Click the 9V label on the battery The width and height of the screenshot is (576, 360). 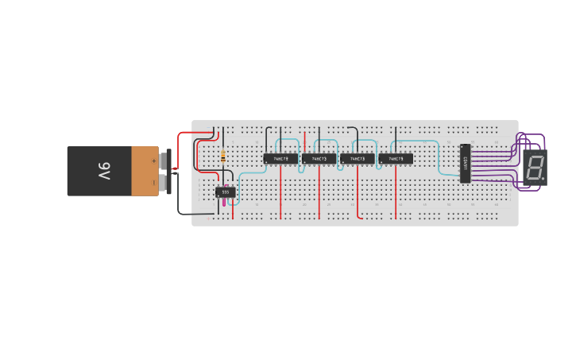[x=104, y=171]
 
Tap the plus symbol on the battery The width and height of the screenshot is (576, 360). [x=154, y=161]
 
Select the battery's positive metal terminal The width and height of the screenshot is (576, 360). [x=164, y=161]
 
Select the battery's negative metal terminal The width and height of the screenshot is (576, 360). [x=164, y=183]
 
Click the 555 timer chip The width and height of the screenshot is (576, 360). [x=225, y=192]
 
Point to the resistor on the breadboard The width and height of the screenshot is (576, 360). [x=223, y=156]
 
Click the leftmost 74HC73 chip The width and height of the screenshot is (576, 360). [x=280, y=159]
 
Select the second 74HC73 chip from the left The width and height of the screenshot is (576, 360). [x=319, y=159]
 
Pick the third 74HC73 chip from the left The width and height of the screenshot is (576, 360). [x=357, y=159]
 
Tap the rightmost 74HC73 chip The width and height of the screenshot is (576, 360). [x=395, y=159]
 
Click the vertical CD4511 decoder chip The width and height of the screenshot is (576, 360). [x=465, y=163]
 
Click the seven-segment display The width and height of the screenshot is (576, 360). [x=535, y=167]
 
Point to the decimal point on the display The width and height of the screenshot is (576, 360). [x=543, y=177]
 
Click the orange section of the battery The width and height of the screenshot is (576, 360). [x=145, y=171]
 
